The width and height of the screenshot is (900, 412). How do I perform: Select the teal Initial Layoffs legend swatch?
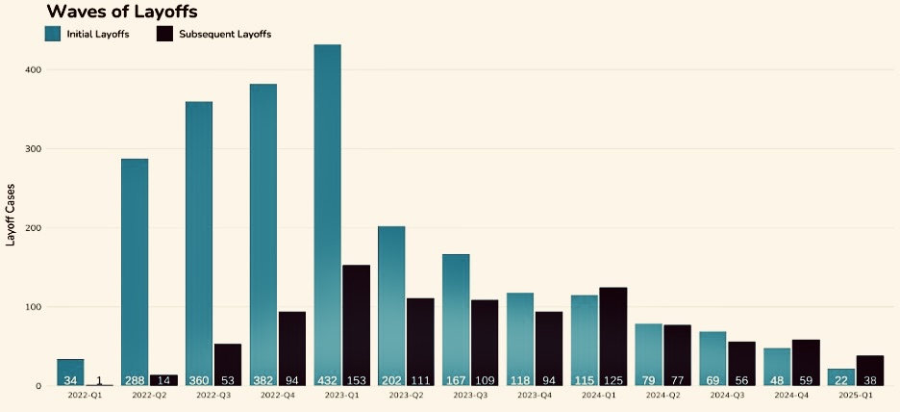point(53,34)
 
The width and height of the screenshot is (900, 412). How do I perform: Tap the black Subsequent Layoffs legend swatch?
point(164,34)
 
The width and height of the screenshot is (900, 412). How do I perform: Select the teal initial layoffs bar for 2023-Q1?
point(327,212)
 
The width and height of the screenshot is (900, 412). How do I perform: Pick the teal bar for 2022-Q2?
point(135,270)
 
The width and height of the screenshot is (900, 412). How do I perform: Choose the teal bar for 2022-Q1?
point(70,371)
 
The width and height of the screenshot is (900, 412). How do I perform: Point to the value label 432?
point(327,380)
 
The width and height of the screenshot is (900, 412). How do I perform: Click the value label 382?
point(263,380)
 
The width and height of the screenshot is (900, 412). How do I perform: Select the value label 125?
point(612,380)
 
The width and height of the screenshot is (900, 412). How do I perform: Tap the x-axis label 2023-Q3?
point(469,396)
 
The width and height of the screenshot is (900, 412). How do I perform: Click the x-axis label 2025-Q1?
point(856,396)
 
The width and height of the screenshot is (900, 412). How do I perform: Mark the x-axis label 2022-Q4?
point(277,396)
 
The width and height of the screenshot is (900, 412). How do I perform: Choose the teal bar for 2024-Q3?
point(712,356)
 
